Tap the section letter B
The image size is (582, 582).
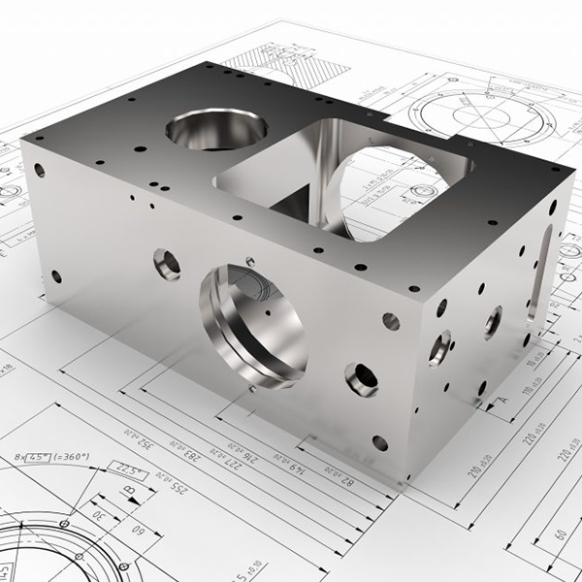tap(130, 492)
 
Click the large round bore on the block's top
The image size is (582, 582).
tap(216, 128)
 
